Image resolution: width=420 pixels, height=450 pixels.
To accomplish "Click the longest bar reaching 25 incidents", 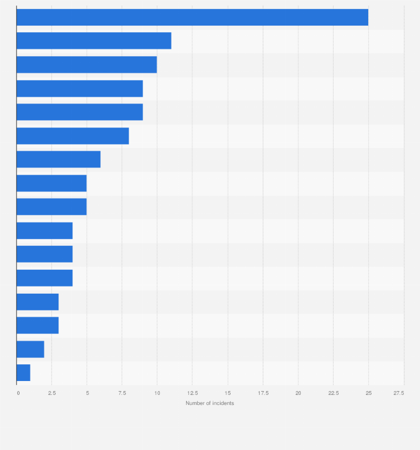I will pos(192,17).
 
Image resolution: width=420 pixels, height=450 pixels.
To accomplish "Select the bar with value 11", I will pos(94,41).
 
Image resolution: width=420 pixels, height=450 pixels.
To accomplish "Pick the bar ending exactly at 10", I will pos(86,65).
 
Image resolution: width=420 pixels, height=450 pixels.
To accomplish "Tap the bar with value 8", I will pos(72,136).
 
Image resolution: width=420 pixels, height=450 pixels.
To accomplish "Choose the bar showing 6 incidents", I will pos(58,160).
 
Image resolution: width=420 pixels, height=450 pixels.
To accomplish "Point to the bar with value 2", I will pos(30,349).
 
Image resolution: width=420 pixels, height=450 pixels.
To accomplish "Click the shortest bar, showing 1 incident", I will pos(23,373).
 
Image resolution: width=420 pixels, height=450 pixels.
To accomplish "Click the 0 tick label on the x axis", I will pos(18,393).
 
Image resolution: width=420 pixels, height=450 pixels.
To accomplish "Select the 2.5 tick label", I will pos(52,393).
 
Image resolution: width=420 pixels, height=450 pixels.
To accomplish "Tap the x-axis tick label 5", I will pos(87,393).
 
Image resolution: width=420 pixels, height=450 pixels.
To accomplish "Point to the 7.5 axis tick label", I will pos(122,393).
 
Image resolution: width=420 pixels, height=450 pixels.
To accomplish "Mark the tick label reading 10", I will pos(157,393).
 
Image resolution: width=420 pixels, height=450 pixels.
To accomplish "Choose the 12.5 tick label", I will pos(192,393).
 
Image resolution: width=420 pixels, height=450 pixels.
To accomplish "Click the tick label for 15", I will pos(228,393).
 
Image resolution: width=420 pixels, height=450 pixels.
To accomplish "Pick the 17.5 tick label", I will pos(263,393).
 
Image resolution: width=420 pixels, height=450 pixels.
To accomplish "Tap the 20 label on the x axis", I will pos(298,393).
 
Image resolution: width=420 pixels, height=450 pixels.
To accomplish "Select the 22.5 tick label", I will pos(333,393).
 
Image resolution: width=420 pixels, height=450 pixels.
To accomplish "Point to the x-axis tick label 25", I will pos(368,393).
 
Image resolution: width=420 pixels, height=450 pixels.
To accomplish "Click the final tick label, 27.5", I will pos(399,393).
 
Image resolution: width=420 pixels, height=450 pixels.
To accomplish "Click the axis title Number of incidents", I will pos(209,403).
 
